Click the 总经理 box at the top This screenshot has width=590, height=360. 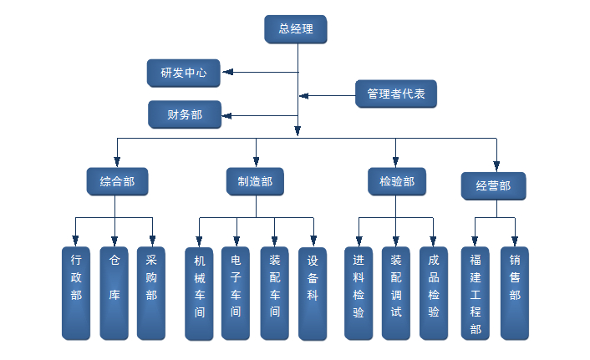tap(295, 29)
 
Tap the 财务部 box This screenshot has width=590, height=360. tap(185, 114)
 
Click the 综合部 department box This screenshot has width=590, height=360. tap(117, 181)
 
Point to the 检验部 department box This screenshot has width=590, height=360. tap(396, 181)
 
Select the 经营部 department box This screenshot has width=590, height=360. tap(493, 186)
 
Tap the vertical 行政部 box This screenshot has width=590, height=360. tap(76, 292)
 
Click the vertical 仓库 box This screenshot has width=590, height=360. tap(114, 292)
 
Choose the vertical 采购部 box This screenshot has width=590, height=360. tap(151, 292)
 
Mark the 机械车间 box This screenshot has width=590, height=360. tap(199, 293)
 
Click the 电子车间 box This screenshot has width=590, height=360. tap(236, 293)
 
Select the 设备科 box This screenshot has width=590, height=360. tap(313, 293)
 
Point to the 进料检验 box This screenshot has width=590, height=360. tap(359, 292)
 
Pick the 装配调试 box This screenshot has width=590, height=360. tap(396, 292)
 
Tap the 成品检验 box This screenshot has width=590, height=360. tap(434, 292)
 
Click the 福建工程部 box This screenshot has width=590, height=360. tap(476, 292)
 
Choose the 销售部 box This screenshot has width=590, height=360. tap(515, 292)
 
